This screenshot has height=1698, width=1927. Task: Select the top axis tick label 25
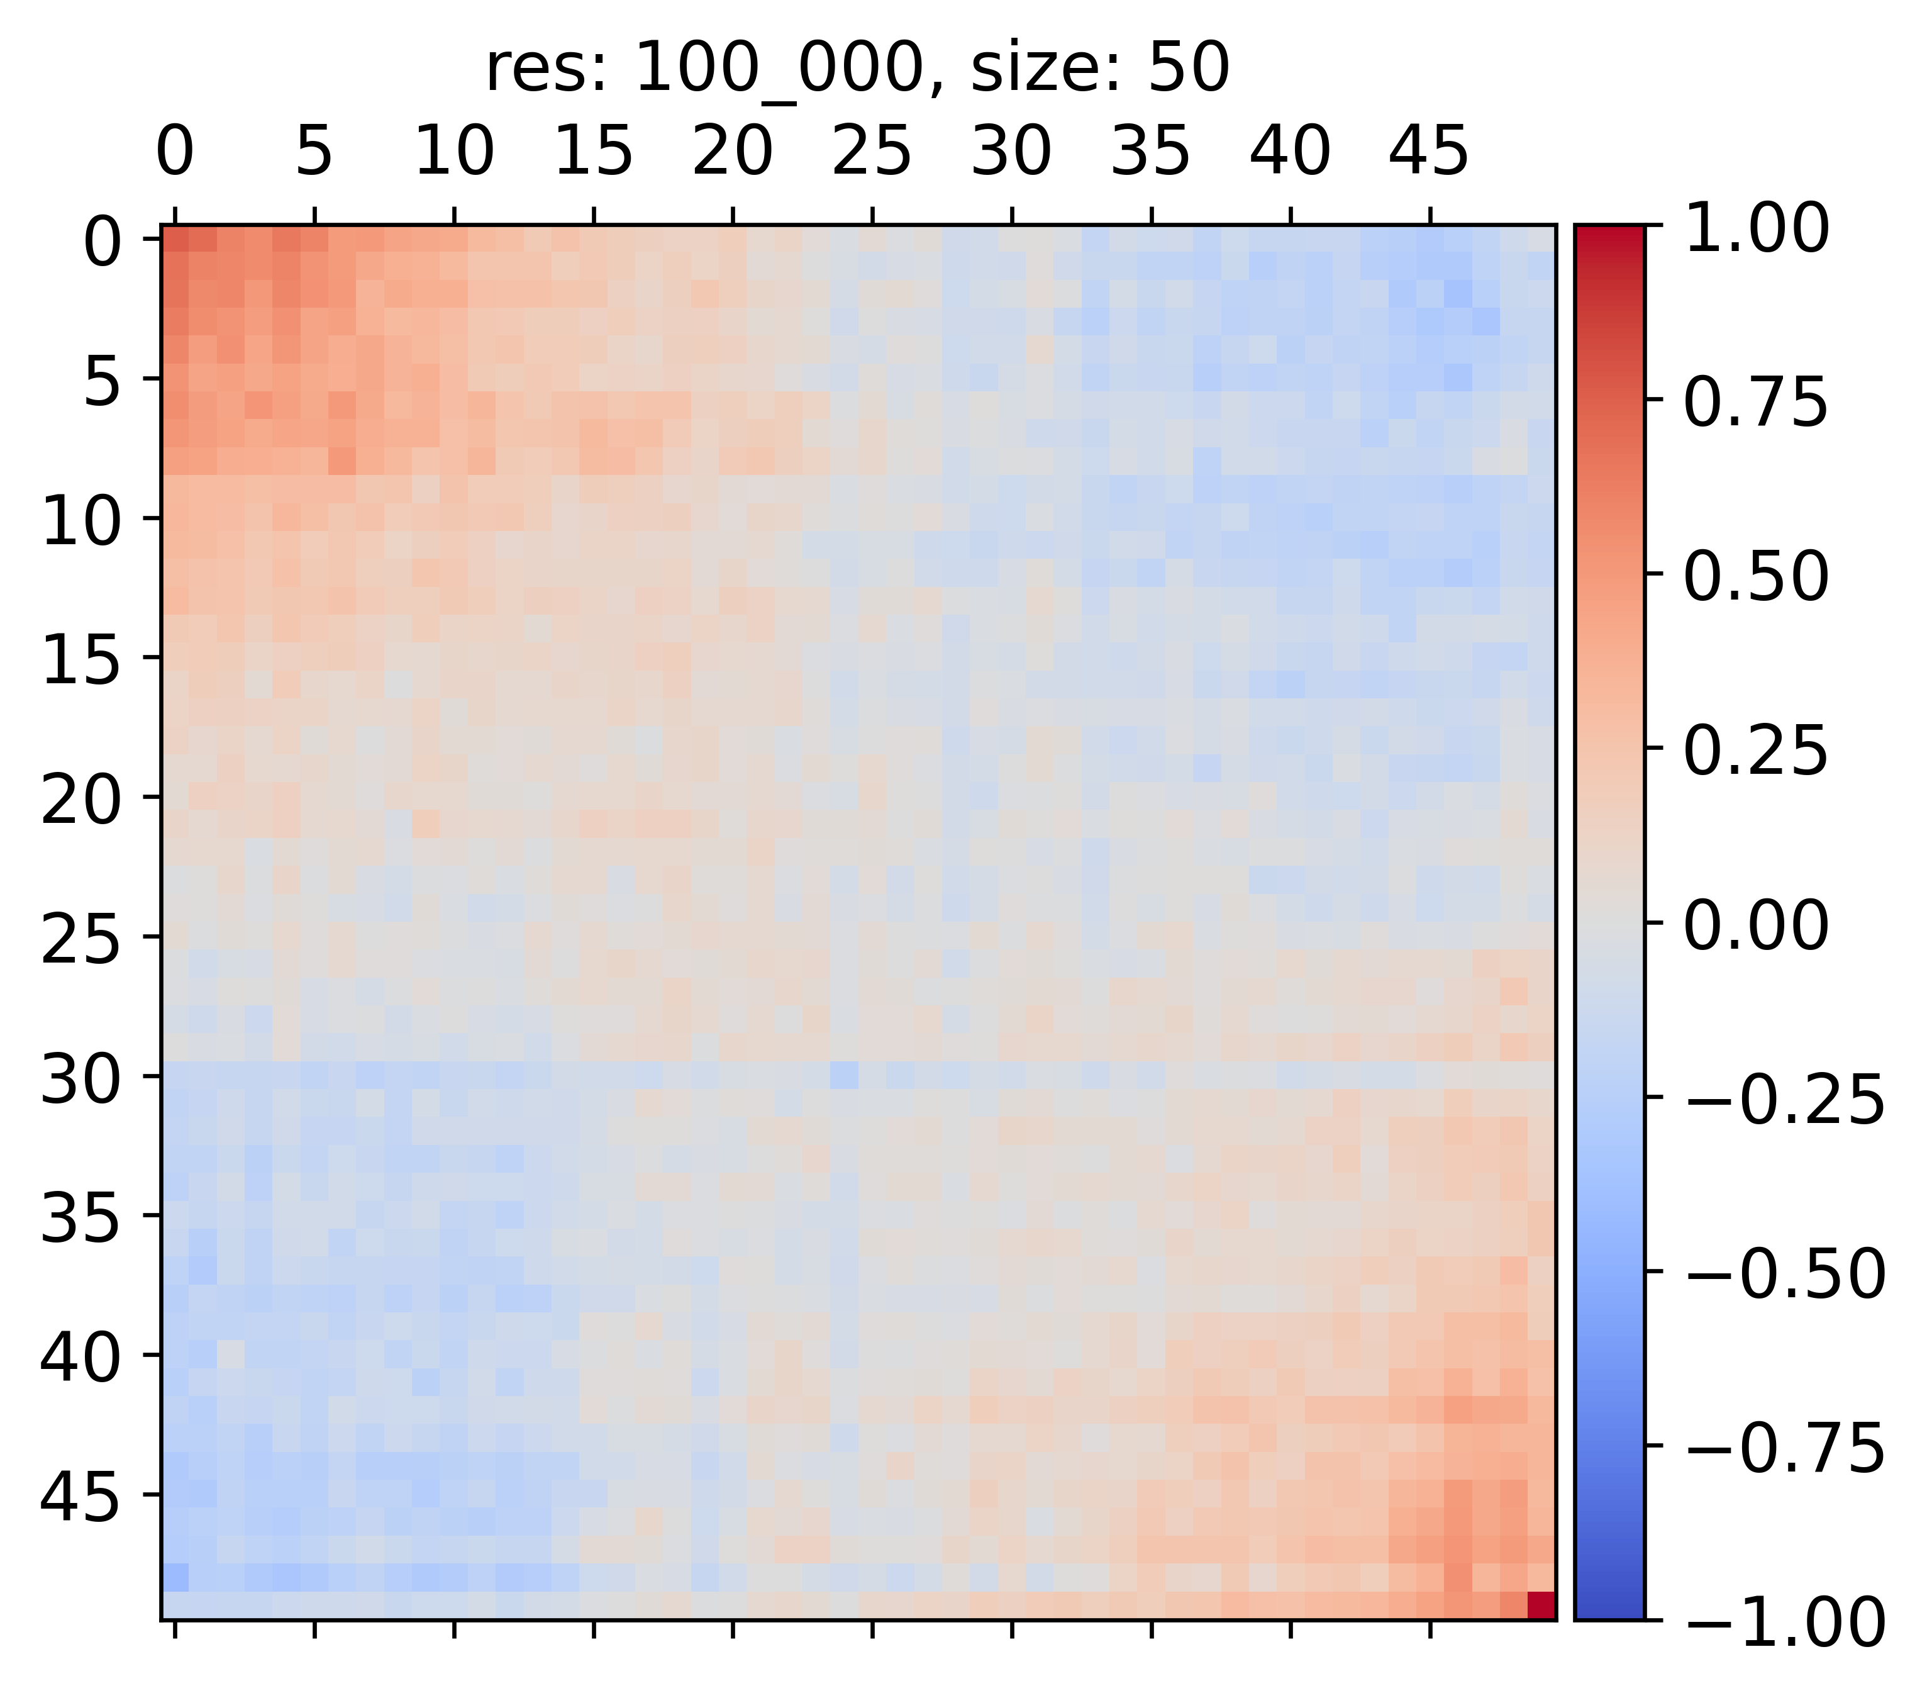click(x=872, y=151)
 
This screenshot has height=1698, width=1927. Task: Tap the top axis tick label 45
click(x=1430, y=151)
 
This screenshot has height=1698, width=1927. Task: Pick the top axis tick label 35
click(x=1150, y=151)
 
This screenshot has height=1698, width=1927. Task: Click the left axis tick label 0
click(x=103, y=242)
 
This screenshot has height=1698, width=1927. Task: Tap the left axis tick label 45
click(x=81, y=1497)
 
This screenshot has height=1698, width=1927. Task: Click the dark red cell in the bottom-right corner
click(x=1540, y=1605)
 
